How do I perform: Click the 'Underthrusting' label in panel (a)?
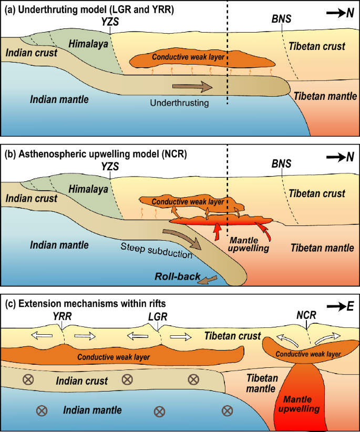click(x=179, y=103)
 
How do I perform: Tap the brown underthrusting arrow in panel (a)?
click(x=192, y=86)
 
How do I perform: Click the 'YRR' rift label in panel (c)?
click(x=62, y=316)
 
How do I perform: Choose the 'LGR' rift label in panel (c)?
click(x=158, y=316)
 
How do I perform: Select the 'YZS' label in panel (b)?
click(x=110, y=166)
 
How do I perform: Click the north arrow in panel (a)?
click(x=334, y=13)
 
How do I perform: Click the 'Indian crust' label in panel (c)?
click(x=81, y=380)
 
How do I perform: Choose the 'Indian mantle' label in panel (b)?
click(x=59, y=245)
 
